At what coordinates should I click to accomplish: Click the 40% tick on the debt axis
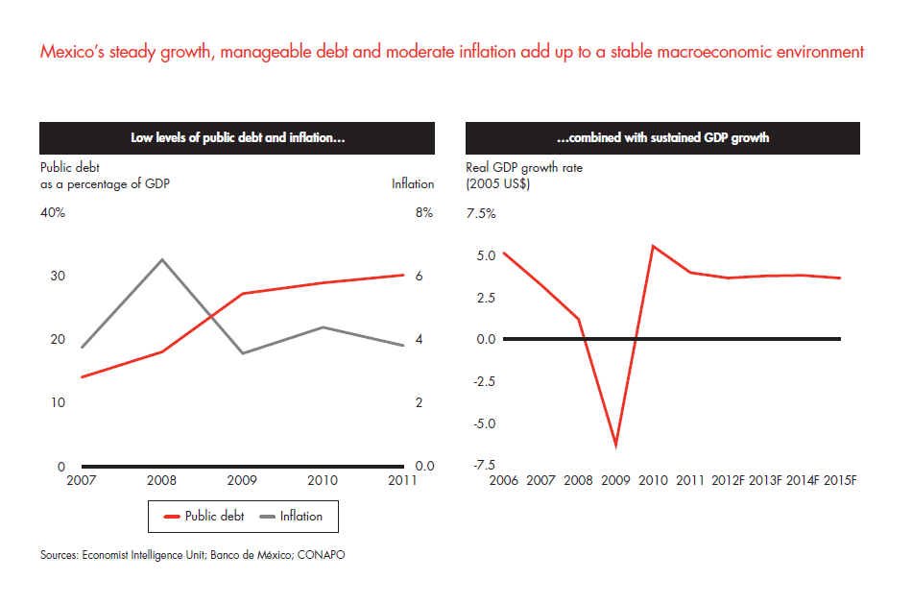point(53,213)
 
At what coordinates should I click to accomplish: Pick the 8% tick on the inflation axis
point(424,213)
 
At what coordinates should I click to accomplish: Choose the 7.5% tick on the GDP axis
point(481,214)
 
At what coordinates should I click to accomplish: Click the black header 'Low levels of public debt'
point(238,138)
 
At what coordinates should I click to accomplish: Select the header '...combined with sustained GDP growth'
point(662,138)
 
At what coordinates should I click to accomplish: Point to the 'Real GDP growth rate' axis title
point(524,168)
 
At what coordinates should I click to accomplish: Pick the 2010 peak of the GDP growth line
point(653,247)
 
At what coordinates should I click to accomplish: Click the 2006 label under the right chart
point(504,479)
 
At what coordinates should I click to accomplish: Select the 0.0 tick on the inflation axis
point(424,466)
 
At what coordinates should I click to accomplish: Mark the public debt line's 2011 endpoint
point(403,275)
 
